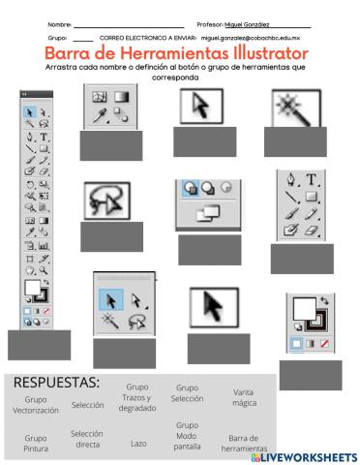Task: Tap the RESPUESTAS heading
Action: (x=57, y=383)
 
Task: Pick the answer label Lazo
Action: (x=138, y=442)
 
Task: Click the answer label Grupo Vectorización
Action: (x=35, y=404)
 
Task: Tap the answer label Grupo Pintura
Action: (x=35, y=442)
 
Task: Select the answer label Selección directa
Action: (x=87, y=438)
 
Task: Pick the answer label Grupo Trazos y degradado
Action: (x=138, y=397)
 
